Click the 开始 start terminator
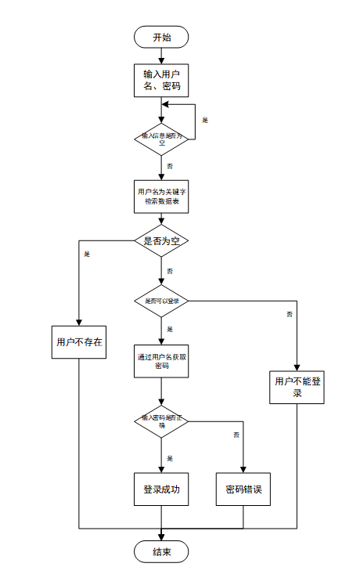click(x=161, y=37)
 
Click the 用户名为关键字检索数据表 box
click(x=161, y=197)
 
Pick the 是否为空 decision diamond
click(x=161, y=240)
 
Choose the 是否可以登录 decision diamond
click(x=161, y=300)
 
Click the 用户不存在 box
click(x=80, y=341)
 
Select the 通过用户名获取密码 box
click(x=161, y=360)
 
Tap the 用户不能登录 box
click(x=297, y=386)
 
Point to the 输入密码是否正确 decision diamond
click(x=161, y=421)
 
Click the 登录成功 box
click(x=161, y=489)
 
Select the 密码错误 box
click(x=243, y=489)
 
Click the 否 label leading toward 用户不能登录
click(x=290, y=314)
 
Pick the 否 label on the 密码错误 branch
click(x=236, y=434)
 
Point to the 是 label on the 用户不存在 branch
click(x=87, y=254)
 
